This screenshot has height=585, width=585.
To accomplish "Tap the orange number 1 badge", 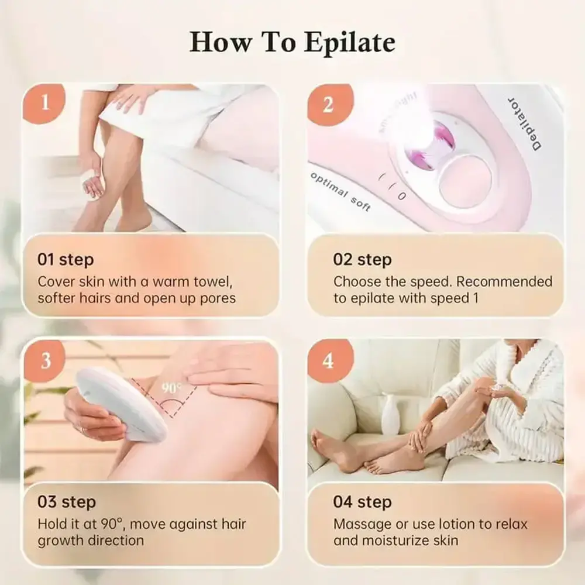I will click(x=45, y=104).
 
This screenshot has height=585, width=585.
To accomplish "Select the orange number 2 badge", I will click(x=328, y=104).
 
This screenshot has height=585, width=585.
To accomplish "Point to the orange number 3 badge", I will click(x=45, y=360).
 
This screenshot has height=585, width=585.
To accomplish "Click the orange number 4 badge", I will click(x=328, y=360).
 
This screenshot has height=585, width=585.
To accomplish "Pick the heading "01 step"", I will click(x=66, y=259).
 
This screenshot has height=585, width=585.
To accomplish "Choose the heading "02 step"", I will click(x=362, y=259).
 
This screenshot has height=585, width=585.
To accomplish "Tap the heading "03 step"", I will click(x=66, y=502).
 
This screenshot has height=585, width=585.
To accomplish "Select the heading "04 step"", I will click(x=363, y=502).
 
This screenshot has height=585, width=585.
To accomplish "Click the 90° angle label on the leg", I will click(x=171, y=387).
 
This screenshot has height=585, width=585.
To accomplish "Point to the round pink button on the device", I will click(x=466, y=180).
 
